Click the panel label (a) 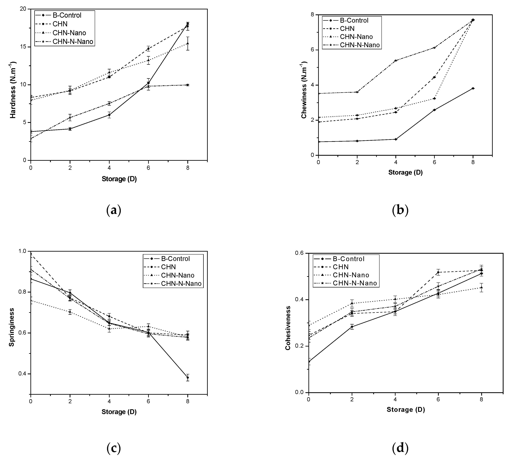tap(114, 210)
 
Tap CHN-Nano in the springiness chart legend tap(178, 275)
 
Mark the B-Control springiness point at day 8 tap(187, 378)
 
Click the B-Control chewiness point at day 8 tap(473, 88)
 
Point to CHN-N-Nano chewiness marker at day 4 tap(396, 60)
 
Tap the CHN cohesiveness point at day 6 tap(438, 272)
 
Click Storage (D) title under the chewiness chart tap(405, 172)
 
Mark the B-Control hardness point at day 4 tap(109, 115)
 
